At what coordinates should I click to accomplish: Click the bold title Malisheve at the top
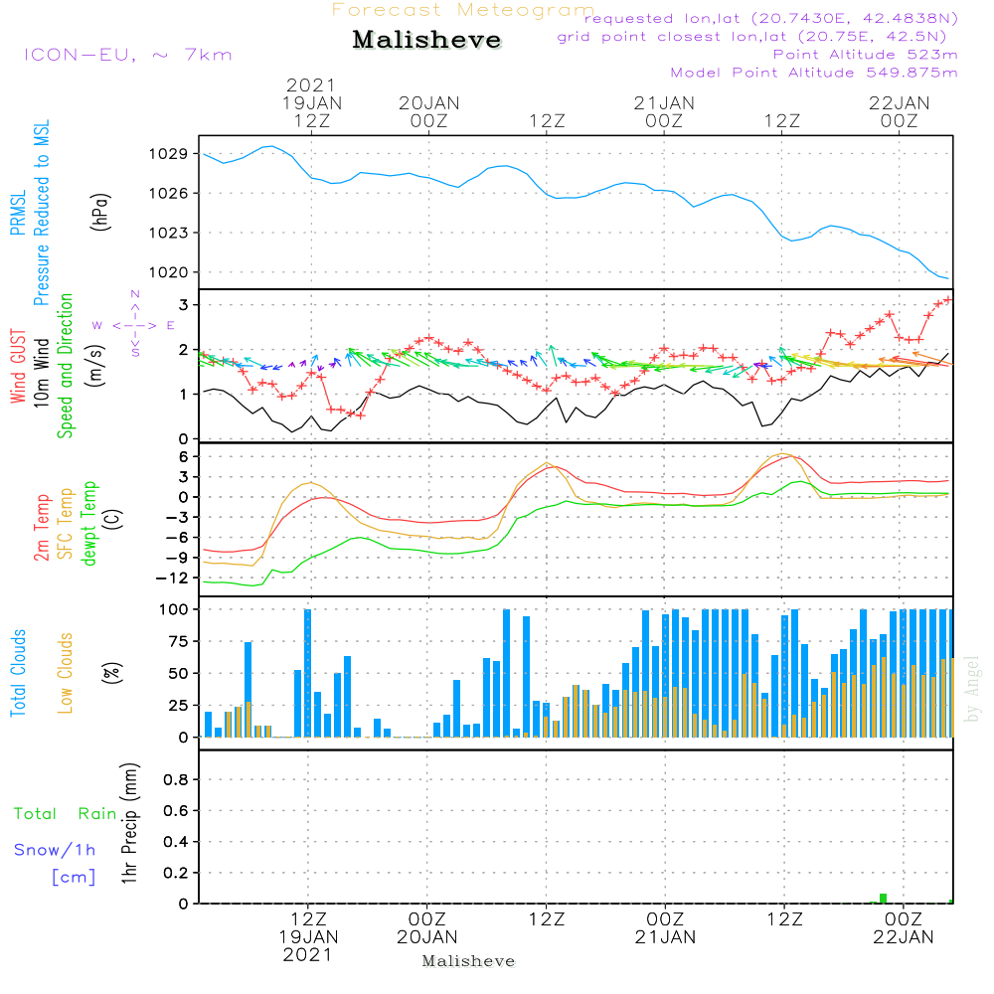(x=427, y=41)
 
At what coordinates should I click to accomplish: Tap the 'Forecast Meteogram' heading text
(x=463, y=10)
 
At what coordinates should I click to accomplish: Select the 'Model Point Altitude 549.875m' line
(x=814, y=73)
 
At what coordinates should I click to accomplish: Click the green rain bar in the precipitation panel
(x=883, y=899)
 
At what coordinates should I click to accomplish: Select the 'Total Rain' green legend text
(x=65, y=814)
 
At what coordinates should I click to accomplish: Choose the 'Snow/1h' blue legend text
(x=55, y=850)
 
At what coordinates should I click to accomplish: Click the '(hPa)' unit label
(x=100, y=211)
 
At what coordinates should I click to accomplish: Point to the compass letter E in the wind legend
(x=171, y=325)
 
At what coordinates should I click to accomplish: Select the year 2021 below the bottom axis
(x=308, y=954)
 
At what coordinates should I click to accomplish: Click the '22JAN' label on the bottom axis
(x=903, y=936)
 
